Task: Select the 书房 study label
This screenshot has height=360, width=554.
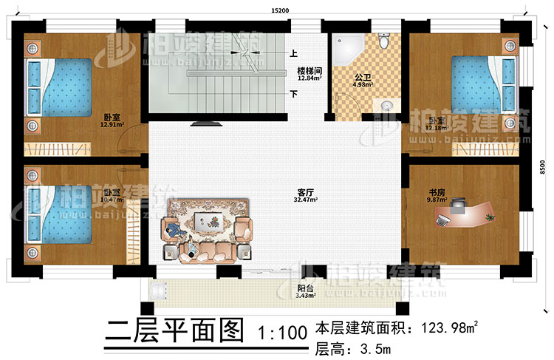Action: pos(437,191)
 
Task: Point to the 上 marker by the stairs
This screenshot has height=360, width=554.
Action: pos(293,53)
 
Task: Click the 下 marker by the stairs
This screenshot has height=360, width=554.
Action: pos(293,94)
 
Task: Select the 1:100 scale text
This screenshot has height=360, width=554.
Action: pos(281,333)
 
